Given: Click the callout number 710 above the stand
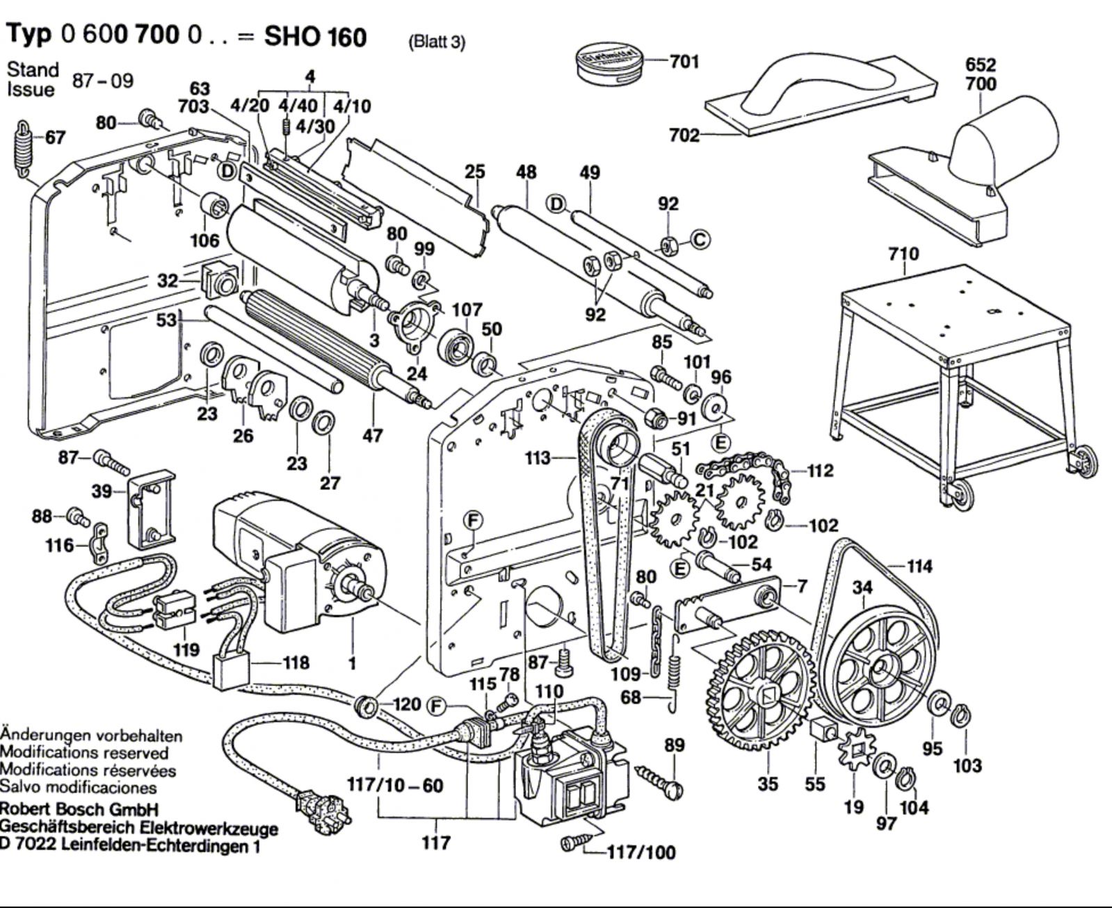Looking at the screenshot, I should (903, 254).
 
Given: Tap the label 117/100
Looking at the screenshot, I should (640, 853).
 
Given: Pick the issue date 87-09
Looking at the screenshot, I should (102, 81).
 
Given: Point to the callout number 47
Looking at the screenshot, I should (372, 436).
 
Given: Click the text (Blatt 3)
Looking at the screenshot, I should (436, 42).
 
